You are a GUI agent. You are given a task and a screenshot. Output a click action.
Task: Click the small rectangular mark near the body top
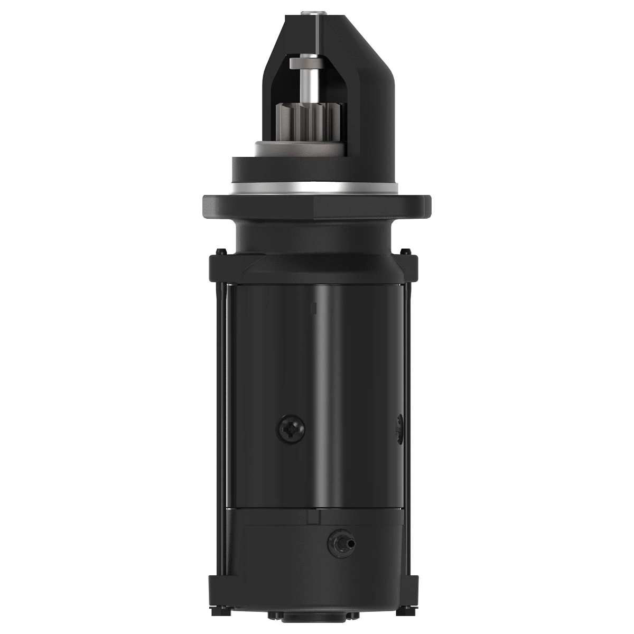pos(315,307)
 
